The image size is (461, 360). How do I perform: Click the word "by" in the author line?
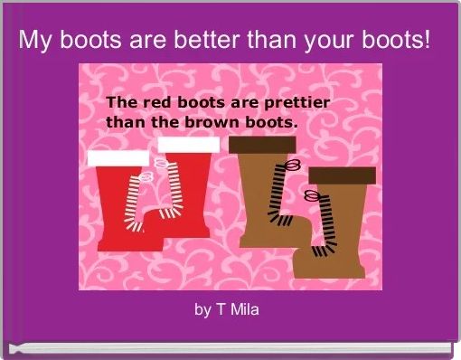click(202, 311)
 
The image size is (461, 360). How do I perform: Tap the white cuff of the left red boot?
click(118, 158)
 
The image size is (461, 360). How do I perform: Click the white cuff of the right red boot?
click(188, 145)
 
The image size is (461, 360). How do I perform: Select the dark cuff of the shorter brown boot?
click(343, 175)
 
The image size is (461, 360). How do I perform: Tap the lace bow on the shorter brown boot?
click(312, 194)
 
